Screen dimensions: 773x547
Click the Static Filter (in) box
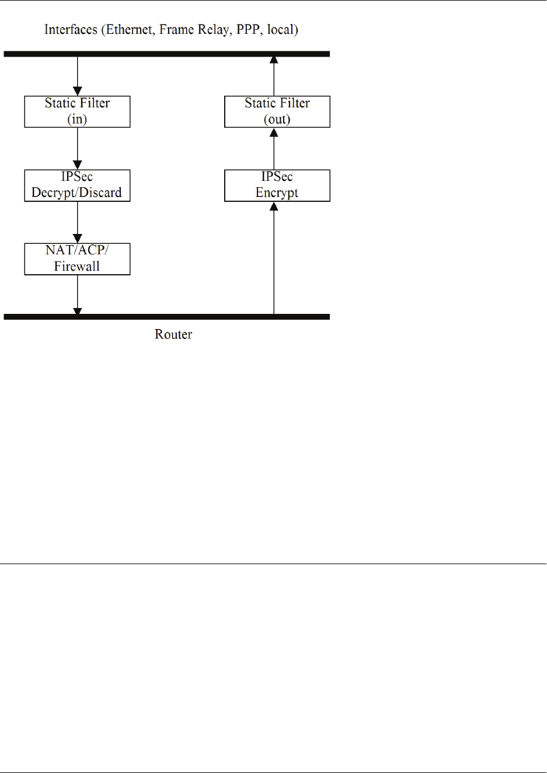77,111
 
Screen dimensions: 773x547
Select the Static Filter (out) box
277,111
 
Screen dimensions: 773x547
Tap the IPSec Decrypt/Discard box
77,186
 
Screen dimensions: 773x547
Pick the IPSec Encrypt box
277,186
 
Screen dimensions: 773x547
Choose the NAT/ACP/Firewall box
77,259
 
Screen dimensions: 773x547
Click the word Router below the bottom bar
173,334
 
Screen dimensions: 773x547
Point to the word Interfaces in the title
71,30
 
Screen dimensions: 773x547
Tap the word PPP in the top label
249,30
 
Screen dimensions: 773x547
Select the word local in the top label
281,30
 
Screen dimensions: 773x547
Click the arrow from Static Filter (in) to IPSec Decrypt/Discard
78,148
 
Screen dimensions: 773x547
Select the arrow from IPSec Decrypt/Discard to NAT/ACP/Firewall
78,222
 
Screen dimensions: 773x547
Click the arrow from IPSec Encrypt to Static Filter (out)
274,149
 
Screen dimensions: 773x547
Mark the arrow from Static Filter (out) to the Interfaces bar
274,76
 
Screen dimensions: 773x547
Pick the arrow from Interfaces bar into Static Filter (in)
78,76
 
